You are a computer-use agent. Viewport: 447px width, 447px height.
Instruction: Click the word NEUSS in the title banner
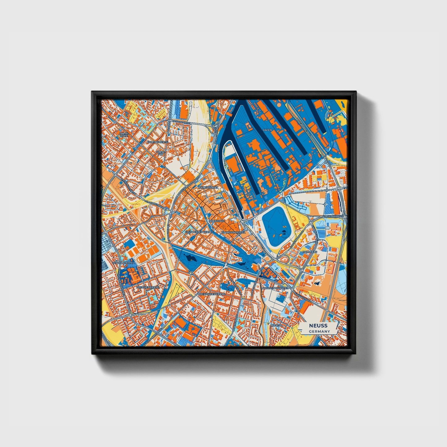coord(318,325)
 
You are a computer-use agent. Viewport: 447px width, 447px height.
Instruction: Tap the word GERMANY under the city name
coord(319,331)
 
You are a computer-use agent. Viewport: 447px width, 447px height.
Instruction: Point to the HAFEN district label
coord(267,130)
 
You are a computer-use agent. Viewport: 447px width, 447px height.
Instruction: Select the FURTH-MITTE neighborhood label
coord(124,135)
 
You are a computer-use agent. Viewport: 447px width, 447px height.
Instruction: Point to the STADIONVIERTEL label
coord(124,263)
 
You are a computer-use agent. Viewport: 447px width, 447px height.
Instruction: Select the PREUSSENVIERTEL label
coord(148,287)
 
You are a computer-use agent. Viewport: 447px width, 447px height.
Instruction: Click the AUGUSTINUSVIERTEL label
coord(275,288)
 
